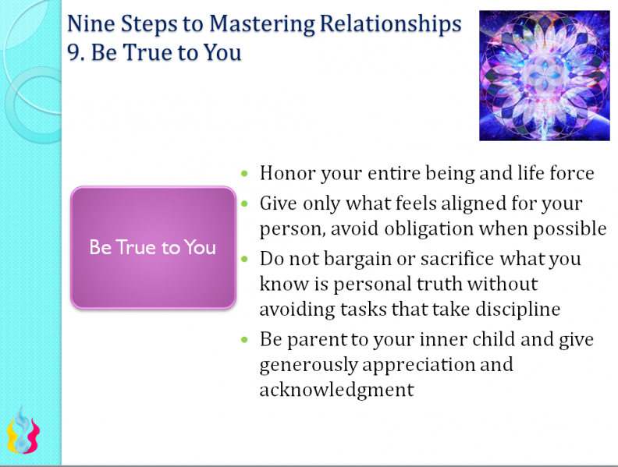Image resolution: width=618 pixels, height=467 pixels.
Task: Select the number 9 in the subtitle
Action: click(73, 54)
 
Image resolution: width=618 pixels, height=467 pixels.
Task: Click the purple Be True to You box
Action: click(153, 247)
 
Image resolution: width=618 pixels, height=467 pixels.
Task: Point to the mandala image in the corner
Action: click(544, 75)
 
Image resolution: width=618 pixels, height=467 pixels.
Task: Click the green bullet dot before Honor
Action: click(247, 173)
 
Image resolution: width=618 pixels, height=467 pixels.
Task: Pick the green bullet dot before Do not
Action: click(247, 258)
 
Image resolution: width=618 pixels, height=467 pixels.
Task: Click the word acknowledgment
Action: click(336, 390)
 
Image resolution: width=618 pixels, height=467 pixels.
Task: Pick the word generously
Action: click(311, 364)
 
